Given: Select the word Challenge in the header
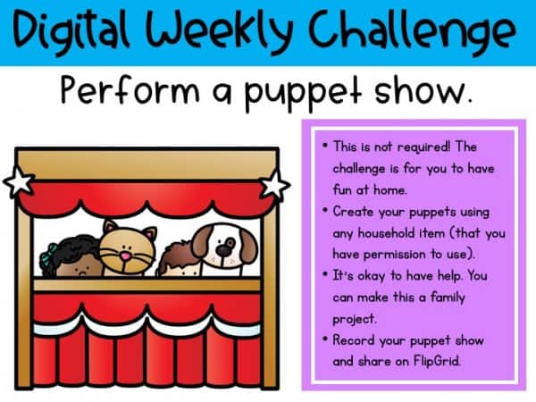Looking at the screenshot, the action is [x=412, y=30].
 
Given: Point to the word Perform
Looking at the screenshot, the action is [x=130, y=88].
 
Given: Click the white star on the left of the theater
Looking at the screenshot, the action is [x=19, y=181].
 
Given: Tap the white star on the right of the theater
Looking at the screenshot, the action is [x=275, y=185].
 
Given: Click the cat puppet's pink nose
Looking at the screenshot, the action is [x=126, y=256].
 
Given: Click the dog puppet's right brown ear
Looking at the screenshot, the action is [x=247, y=245].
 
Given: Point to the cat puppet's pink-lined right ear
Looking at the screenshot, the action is [x=149, y=235].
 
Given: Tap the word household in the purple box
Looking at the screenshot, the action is [x=386, y=233].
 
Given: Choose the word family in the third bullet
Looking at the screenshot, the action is [x=448, y=297].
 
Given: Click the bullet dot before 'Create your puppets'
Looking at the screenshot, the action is [x=325, y=210].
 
